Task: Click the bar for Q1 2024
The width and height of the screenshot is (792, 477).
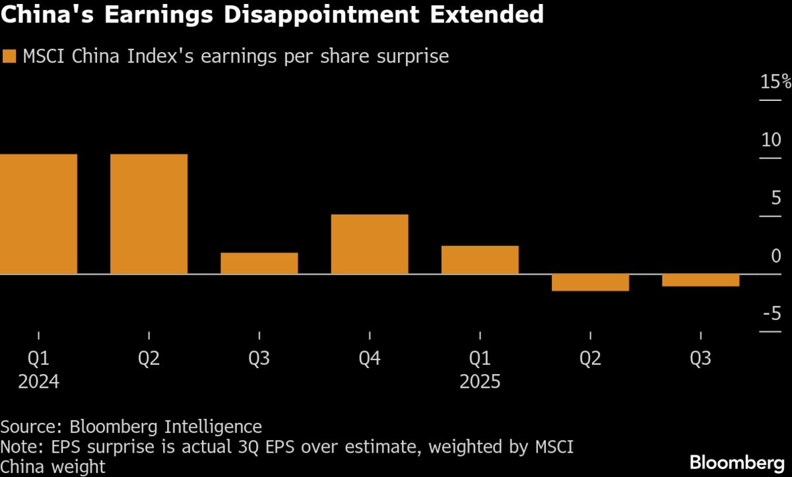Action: pyautogui.click(x=39, y=214)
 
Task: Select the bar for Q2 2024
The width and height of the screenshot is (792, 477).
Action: pyautogui.click(x=149, y=214)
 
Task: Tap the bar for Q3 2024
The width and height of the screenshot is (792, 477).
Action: pyautogui.click(x=259, y=263)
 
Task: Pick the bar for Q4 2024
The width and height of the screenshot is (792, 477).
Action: pyautogui.click(x=370, y=244)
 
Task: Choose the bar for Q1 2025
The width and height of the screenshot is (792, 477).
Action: pyautogui.click(x=480, y=260)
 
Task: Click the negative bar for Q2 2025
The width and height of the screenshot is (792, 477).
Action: pyautogui.click(x=590, y=282)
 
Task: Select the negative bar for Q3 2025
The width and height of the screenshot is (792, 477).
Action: pyautogui.click(x=700, y=280)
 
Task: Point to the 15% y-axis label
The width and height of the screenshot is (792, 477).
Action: pyautogui.click(x=775, y=82)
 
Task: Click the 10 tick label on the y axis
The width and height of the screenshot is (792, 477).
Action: pyautogui.click(x=771, y=140)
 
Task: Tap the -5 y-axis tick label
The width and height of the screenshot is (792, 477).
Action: pyautogui.click(x=772, y=313)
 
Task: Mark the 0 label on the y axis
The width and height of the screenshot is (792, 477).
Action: pyautogui.click(x=776, y=255)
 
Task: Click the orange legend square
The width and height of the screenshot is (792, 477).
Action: pyautogui.click(x=9, y=57)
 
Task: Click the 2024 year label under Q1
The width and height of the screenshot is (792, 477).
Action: pyautogui.click(x=39, y=382)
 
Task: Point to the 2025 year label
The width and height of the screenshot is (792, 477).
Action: pyautogui.click(x=480, y=382)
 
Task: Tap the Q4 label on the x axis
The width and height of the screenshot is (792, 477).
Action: pyautogui.click(x=370, y=359)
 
